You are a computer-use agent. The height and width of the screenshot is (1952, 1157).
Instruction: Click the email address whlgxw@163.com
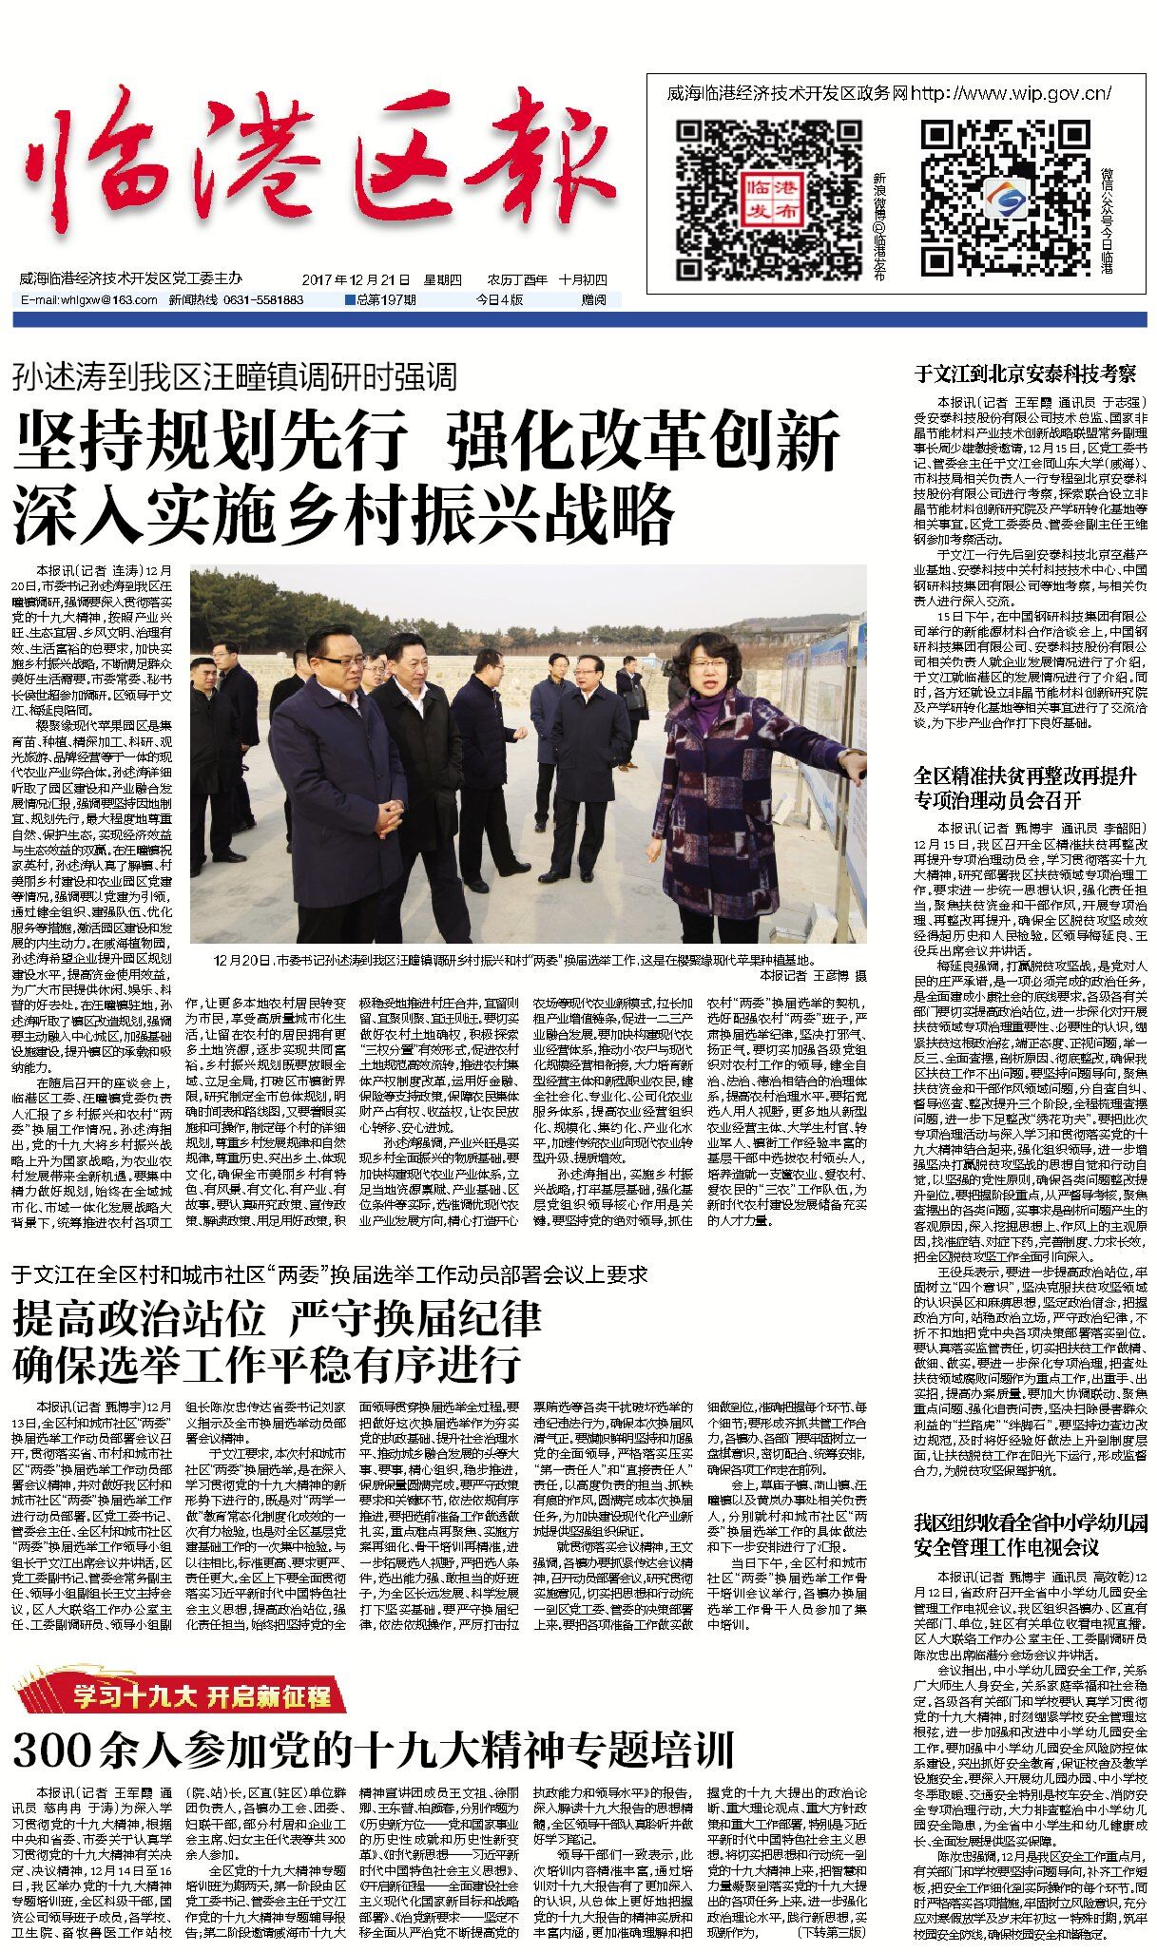click(88, 300)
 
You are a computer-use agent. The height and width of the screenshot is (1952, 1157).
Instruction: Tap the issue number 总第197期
click(382, 300)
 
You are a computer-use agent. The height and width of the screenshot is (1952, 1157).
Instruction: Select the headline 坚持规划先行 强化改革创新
click(426, 441)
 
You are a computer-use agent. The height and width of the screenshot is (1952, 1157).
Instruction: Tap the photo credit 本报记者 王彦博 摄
click(813, 975)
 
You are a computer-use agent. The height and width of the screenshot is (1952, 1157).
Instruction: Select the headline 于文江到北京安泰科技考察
click(1025, 373)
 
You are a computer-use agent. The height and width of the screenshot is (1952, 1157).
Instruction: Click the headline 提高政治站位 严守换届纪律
click(277, 1319)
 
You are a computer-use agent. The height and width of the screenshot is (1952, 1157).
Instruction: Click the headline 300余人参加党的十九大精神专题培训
click(374, 1747)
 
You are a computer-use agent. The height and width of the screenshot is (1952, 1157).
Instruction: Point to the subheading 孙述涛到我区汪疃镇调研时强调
click(235, 377)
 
